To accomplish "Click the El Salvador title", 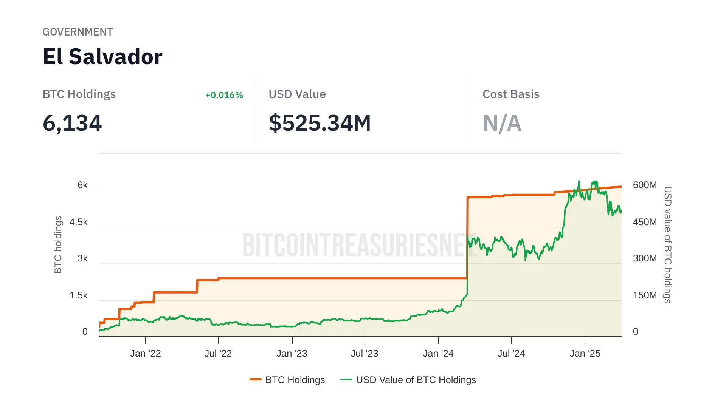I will (102, 57).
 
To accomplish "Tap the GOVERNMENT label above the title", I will (78, 32).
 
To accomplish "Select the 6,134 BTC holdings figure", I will (72, 123).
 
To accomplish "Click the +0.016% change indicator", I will (224, 95).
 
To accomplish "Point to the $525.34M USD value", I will (320, 123).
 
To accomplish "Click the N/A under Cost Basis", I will (502, 123).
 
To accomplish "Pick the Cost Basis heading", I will (511, 94).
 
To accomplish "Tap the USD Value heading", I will (297, 94).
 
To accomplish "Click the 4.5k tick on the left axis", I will (79, 222).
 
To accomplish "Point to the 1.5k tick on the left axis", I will (79, 295).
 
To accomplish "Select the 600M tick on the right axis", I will (645, 185).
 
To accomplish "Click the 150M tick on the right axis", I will (645, 295).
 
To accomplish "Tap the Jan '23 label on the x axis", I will (292, 354).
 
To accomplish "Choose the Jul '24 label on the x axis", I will (511, 354).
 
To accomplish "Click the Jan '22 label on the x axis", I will (146, 354).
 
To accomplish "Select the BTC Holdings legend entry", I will (287, 380).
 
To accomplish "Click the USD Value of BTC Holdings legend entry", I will (408, 380).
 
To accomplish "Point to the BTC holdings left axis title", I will (58, 244).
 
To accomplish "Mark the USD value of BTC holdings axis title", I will (668, 244).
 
